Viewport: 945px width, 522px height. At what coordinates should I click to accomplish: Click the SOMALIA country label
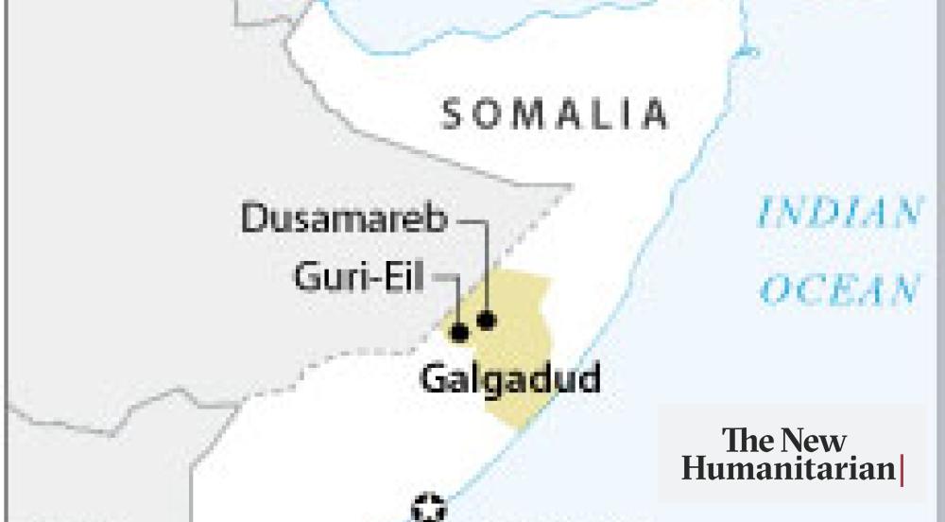(x=556, y=114)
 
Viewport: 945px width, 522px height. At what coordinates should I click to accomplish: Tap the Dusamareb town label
(x=344, y=219)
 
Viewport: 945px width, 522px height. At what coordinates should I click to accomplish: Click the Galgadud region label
(x=510, y=378)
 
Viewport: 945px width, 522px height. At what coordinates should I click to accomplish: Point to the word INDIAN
(x=839, y=213)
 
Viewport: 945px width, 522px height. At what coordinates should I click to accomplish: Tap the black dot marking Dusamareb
(x=487, y=321)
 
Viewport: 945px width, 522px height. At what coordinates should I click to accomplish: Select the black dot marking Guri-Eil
(x=459, y=332)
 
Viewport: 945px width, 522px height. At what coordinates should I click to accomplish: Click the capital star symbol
(x=429, y=508)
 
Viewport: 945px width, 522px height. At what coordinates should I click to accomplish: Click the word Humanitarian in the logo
(x=788, y=468)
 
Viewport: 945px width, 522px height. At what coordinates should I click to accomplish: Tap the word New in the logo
(x=815, y=440)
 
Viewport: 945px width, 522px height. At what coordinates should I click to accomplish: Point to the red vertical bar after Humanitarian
(x=902, y=470)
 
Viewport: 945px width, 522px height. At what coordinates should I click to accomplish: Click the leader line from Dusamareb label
(x=486, y=265)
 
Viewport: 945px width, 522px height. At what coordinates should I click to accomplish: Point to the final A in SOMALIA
(x=654, y=114)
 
